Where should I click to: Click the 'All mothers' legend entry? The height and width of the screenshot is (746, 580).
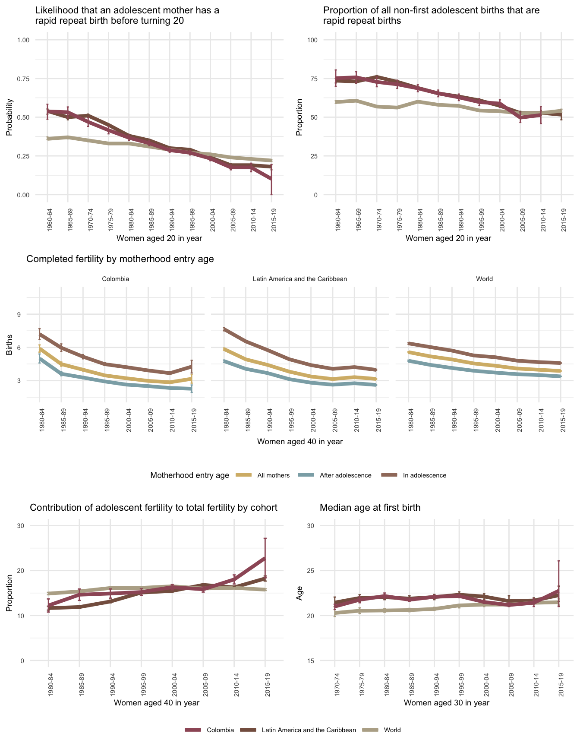pyautogui.click(x=273, y=475)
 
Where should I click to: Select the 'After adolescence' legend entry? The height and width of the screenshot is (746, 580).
pyautogui.click(x=345, y=475)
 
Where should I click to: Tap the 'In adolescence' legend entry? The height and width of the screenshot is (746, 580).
pyautogui.click(x=424, y=475)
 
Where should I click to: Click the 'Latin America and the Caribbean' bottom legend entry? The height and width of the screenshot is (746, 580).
pyautogui.click(x=309, y=730)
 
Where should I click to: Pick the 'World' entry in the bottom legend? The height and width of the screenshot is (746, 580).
pyautogui.click(x=392, y=730)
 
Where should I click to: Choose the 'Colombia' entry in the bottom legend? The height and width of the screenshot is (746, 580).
pyautogui.click(x=220, y=730)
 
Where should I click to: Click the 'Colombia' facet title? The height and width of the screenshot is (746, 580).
pyautogui.click(x=115, y=279)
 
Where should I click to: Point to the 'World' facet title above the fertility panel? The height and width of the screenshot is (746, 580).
pyautogui.click(x=484, y=279)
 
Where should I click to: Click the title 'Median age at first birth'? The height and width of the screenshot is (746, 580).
pyautogui.click(x=370, y=508)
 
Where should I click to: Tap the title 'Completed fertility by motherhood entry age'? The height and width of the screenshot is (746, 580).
pyautogui.click(x=120, y=259)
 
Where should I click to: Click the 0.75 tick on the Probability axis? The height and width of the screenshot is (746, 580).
pyautogui.click(x=23, y=79)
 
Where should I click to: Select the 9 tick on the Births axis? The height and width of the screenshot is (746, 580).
pyautogui.click(x=19, y=314)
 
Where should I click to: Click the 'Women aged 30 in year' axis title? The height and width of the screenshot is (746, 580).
pyautogui.click(x=446, y=702)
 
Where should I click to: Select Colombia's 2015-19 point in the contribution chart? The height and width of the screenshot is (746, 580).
pyautogui.click(x=265, y=559)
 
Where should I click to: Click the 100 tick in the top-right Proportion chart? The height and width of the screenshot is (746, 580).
pyautogui.click(x=312, y=40)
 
